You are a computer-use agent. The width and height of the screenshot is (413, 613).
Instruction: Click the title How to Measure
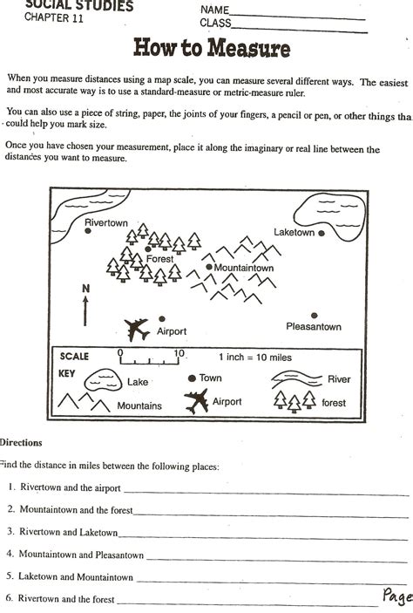(x=211, y=48)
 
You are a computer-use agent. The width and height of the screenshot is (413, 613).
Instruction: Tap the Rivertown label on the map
(x=106, y=223)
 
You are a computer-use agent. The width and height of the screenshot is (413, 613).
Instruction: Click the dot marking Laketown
(x=322, y=234)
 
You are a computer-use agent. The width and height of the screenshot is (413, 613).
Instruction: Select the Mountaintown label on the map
(x=244, y=268)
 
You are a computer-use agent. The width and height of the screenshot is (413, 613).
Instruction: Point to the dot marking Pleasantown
(x=315, y=316)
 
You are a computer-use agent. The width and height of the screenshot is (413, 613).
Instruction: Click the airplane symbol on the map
(x=137, y=329)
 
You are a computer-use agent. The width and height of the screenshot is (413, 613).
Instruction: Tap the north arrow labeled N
(x=85, y=304)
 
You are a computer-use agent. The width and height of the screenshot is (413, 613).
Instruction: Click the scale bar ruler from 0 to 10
(x=150, y=358)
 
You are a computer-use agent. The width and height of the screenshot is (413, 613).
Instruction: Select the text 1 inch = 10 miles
(x=255, y=358)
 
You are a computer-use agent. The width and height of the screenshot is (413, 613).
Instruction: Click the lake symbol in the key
(x=103, y=379)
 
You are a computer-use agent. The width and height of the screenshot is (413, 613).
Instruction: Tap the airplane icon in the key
(x=196, y=402)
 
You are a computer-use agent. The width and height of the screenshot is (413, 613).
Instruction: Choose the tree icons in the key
(x=295, y=401)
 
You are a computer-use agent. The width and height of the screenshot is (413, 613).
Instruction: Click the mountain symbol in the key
(x=84, y=403)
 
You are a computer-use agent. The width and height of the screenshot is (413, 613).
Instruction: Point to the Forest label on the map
(x=159, y=259)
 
